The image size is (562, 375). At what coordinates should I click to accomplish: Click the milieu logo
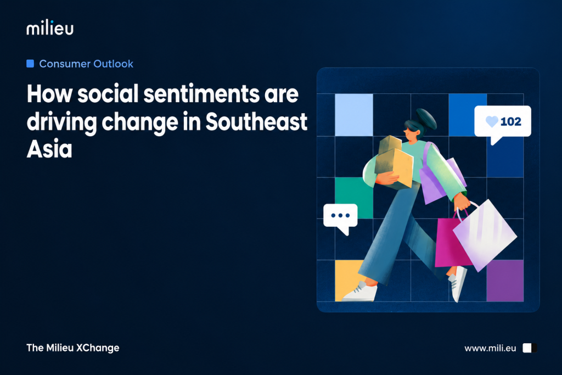(x=50, y=28)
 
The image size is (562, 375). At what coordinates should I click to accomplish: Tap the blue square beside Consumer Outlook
(x=30, y=64)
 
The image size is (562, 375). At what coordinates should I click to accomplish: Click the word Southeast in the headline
(x=256, y=121)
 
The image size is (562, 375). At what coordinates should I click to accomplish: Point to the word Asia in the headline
(x=49, y=149)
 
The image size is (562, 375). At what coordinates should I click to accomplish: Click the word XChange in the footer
(x=98, y=348)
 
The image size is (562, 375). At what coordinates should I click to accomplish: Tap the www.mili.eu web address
(x=490, y=348)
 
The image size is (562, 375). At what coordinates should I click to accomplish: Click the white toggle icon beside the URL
(x=530, y=348)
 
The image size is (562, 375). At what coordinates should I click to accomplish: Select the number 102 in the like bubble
(x=511, y=121)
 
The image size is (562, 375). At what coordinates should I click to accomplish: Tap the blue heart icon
(x=492, y=121)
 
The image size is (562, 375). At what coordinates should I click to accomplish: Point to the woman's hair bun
(x=426, y=118)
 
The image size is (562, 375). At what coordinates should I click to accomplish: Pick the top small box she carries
(x=390, y=143)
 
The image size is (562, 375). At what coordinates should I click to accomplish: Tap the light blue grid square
(x=354, y=115)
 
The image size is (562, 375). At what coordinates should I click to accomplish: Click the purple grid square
(x=505, y=281)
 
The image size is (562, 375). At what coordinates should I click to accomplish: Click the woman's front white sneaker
(x=360, y=292)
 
